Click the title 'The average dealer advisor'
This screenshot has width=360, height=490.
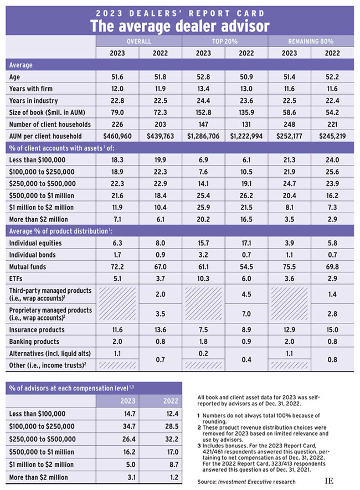point(179,25)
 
